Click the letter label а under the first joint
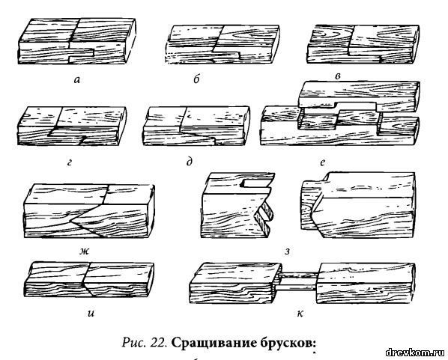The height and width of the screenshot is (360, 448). click(x=77, y=79)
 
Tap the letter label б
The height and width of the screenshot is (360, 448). click(x=196, y=79)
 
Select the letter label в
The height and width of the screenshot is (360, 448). click(x=338, y=76)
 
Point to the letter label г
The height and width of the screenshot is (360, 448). click(x=70, y=162)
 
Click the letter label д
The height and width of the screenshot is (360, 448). click(x=190, y=162)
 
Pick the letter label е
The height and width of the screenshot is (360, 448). click(x=323, y=162)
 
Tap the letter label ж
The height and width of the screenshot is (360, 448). click(x=85, y=251)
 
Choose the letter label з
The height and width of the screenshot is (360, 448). click(x=288, y=251)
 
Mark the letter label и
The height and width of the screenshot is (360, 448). click(x=91, y=313)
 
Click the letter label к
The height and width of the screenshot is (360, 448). click(x=300, y=313)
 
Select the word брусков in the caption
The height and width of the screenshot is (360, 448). click(x=289, y=343)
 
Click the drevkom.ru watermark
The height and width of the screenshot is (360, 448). click(x=415, y=353)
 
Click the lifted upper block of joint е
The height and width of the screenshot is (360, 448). click(x=359, y=97)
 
